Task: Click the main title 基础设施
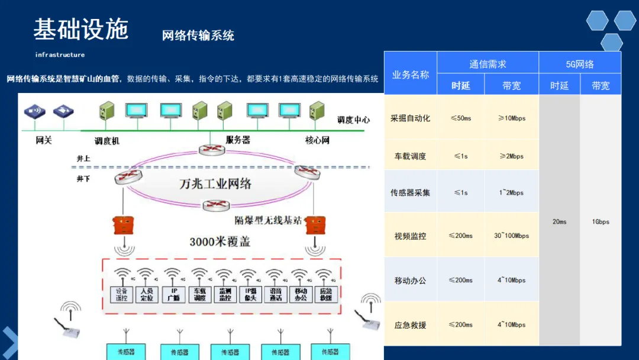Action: (81, 29)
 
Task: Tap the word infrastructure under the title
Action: (60, 55)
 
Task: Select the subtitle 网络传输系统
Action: (198, 36)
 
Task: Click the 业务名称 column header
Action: (411, 75)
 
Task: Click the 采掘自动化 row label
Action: (410, 118)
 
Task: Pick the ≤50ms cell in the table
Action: (461, 118)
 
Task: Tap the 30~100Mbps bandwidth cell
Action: (512, 236)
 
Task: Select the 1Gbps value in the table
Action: (601, 222)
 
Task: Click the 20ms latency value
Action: (559, 222)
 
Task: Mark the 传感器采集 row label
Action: (410, 193)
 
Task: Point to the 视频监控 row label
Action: (410, 236)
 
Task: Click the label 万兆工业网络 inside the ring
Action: (215, 184)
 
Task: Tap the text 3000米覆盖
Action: (220, 242)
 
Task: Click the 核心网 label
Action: (317, 141)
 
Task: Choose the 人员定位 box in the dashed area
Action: (147, 294)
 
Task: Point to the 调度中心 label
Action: (353, 120)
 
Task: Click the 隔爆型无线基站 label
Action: (268, 220)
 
